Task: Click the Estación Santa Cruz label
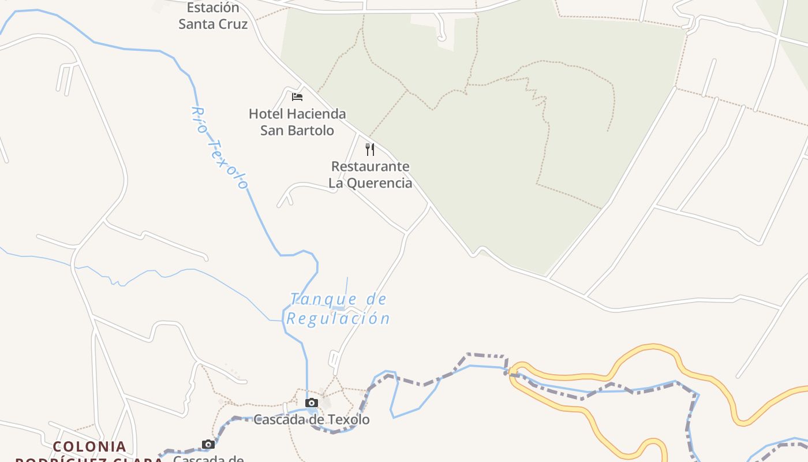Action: [x=213, y=16]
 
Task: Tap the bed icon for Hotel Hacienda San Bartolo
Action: [x=297, y=96]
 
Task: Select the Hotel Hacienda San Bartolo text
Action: [x=297, y=122]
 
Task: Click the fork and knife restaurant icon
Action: [x=370, y=150]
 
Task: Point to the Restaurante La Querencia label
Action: [x=371, y=175]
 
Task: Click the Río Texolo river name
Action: [x=219, y=148]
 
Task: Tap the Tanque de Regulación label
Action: [x=339, y=309]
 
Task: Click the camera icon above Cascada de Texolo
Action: [x=312, y=403]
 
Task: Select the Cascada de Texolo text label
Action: [x=312, y=420]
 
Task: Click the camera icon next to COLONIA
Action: [x=208, y=444]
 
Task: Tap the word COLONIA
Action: [x=89, y=446]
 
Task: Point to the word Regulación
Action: [x=339, y=318]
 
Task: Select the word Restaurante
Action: [x=371, y=167]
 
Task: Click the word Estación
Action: [x=213, y=8]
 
